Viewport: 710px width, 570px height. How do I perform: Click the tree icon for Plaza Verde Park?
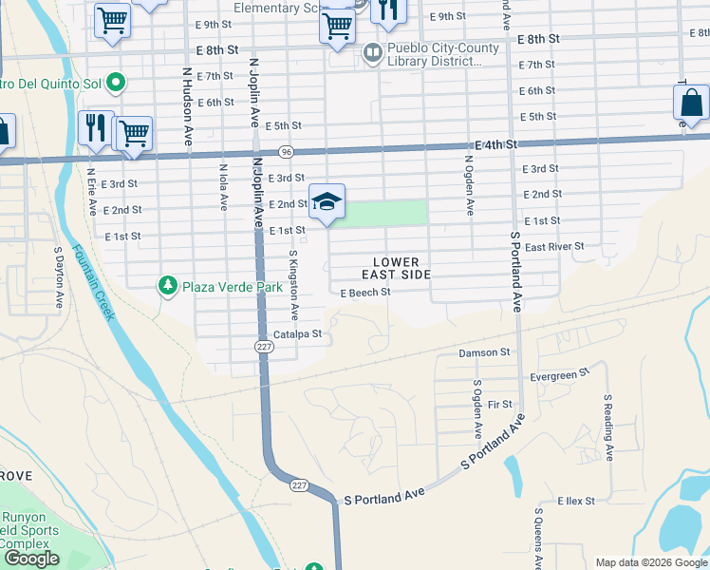pyautogui.click(x=168, y=285)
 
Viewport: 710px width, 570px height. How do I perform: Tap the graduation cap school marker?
pyautogui.click(x=327, y=201)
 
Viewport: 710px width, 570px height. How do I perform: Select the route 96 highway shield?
pyautogui.click(x=286, y=152)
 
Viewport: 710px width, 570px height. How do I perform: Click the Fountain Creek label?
pyautogui.click(x=92, y=284)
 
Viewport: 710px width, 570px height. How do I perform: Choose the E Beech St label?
pyautogui.click(x=365, y=293)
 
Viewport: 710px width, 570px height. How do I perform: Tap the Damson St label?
pyautogui.click(x=484, y=352)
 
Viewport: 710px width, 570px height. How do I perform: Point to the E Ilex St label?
pyautogui.click(x=575, y=501)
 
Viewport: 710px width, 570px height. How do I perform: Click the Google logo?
pyautogui.click(x=33, y=559)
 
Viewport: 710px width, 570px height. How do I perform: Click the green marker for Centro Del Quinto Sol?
pyautogui.click(x=116, y=84)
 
